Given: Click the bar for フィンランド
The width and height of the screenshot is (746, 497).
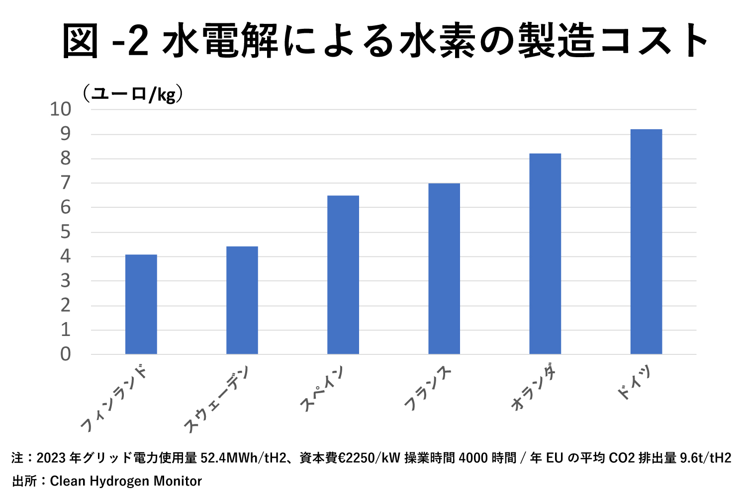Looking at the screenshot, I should point(141,304).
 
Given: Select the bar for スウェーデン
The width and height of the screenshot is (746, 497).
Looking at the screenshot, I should point(242,300).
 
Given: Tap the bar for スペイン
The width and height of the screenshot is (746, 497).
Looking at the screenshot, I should point(343,275).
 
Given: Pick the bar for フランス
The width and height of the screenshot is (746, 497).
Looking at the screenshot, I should point(444,269).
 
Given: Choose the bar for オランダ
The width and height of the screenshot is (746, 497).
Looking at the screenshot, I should point(545,254).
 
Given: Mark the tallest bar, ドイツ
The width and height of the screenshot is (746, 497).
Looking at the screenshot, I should point(646,242).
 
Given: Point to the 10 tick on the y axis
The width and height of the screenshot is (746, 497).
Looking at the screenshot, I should point(61,109).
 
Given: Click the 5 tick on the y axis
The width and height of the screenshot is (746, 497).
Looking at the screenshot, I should point(66,232).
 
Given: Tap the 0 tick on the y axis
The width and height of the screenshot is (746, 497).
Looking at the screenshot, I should point(66,354).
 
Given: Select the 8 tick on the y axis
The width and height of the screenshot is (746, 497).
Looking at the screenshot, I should point(66,159).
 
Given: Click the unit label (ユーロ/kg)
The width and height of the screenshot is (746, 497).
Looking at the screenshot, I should point(133,93).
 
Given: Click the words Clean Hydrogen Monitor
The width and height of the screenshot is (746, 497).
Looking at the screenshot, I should point(126,481).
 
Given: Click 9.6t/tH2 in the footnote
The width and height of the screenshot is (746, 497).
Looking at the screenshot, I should point(706,458).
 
